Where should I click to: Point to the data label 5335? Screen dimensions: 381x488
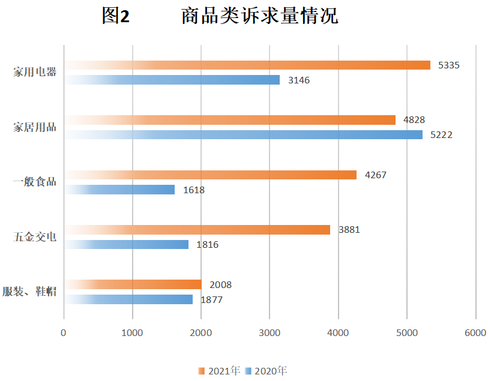point(449,65)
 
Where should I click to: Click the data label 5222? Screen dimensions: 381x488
point(441,135)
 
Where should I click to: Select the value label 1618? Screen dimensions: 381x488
point(194,190)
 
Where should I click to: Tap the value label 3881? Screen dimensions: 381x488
point(349,230)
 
